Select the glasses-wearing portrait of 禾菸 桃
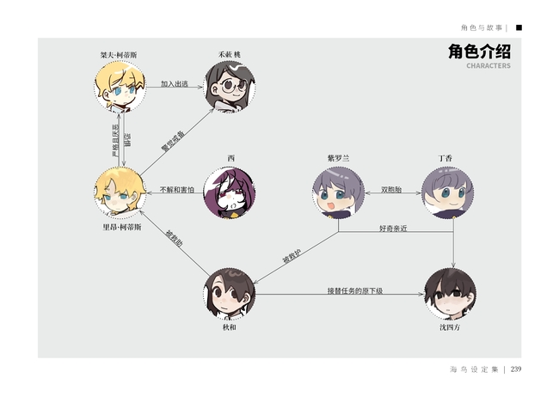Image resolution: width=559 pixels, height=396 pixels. point(230,87)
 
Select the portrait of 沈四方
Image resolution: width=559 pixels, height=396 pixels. point(450,294)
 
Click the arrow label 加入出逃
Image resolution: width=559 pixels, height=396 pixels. point(175,83)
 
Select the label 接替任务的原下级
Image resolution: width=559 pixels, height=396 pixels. point(354,290)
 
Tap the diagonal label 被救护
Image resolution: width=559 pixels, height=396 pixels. point(292,255)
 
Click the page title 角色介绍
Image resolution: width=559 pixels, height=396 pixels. point(479,52)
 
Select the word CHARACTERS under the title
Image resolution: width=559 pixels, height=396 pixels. point(488,66)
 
